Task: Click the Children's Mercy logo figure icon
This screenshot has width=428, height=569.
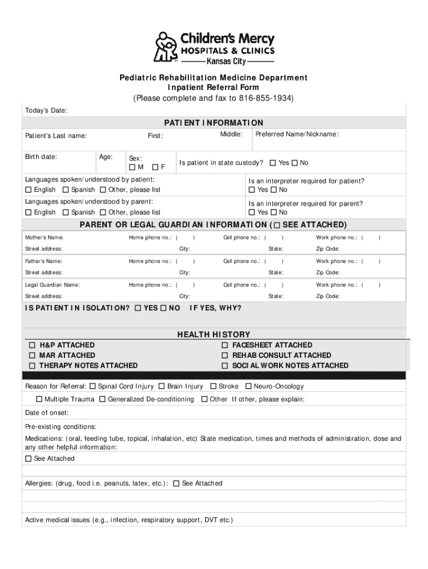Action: (165, 47)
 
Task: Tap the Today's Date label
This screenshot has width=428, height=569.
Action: (46, 111)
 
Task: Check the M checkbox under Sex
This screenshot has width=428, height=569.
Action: (132, 167)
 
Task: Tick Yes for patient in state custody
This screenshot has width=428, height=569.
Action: (273, 163)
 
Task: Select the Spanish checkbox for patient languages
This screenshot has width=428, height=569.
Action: (66, 190)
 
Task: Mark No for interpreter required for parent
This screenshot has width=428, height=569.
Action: (273, 212)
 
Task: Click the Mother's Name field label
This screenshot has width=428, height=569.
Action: (48, 238)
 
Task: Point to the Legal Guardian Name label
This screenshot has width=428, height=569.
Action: (52, 285)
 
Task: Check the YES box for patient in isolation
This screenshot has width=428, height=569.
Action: (138, 308)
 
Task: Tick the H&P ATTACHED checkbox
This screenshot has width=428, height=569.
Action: (33, 345)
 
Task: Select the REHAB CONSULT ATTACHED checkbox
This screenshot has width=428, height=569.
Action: (225, 355)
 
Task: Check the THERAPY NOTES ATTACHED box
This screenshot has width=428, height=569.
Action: (33, 366)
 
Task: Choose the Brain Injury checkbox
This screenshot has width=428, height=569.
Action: (162, 386)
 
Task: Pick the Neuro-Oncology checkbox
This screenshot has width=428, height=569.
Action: (248, 386)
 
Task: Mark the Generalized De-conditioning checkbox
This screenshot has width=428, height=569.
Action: (103, 400)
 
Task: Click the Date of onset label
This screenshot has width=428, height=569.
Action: (47, 413)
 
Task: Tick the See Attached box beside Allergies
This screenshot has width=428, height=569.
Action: (176, 483)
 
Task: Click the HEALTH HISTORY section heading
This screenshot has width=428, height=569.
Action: (213, 335)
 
